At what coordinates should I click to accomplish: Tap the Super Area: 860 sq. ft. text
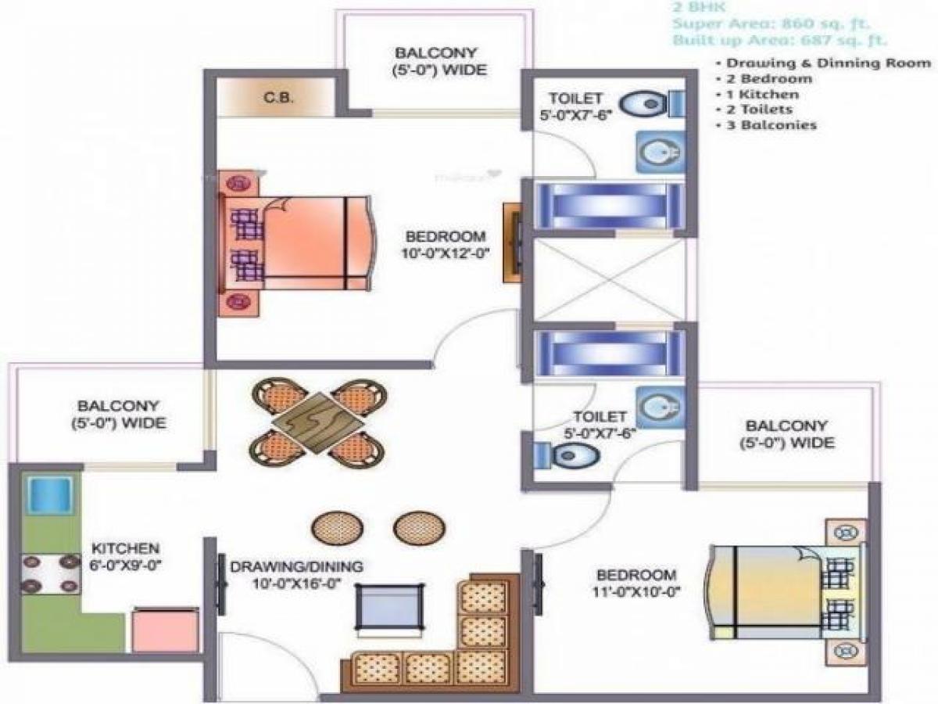click(781, 23)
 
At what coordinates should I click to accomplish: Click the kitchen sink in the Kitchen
click(50, 494)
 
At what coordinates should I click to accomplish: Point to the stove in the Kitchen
click(50, 573)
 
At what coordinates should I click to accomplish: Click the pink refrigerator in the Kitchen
click(164, 630)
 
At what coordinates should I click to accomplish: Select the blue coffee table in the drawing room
click(391, 605)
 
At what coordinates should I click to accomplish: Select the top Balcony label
click(440, 62)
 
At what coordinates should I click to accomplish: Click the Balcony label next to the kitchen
click(118, 415)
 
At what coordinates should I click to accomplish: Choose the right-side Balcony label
click(785, 434)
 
